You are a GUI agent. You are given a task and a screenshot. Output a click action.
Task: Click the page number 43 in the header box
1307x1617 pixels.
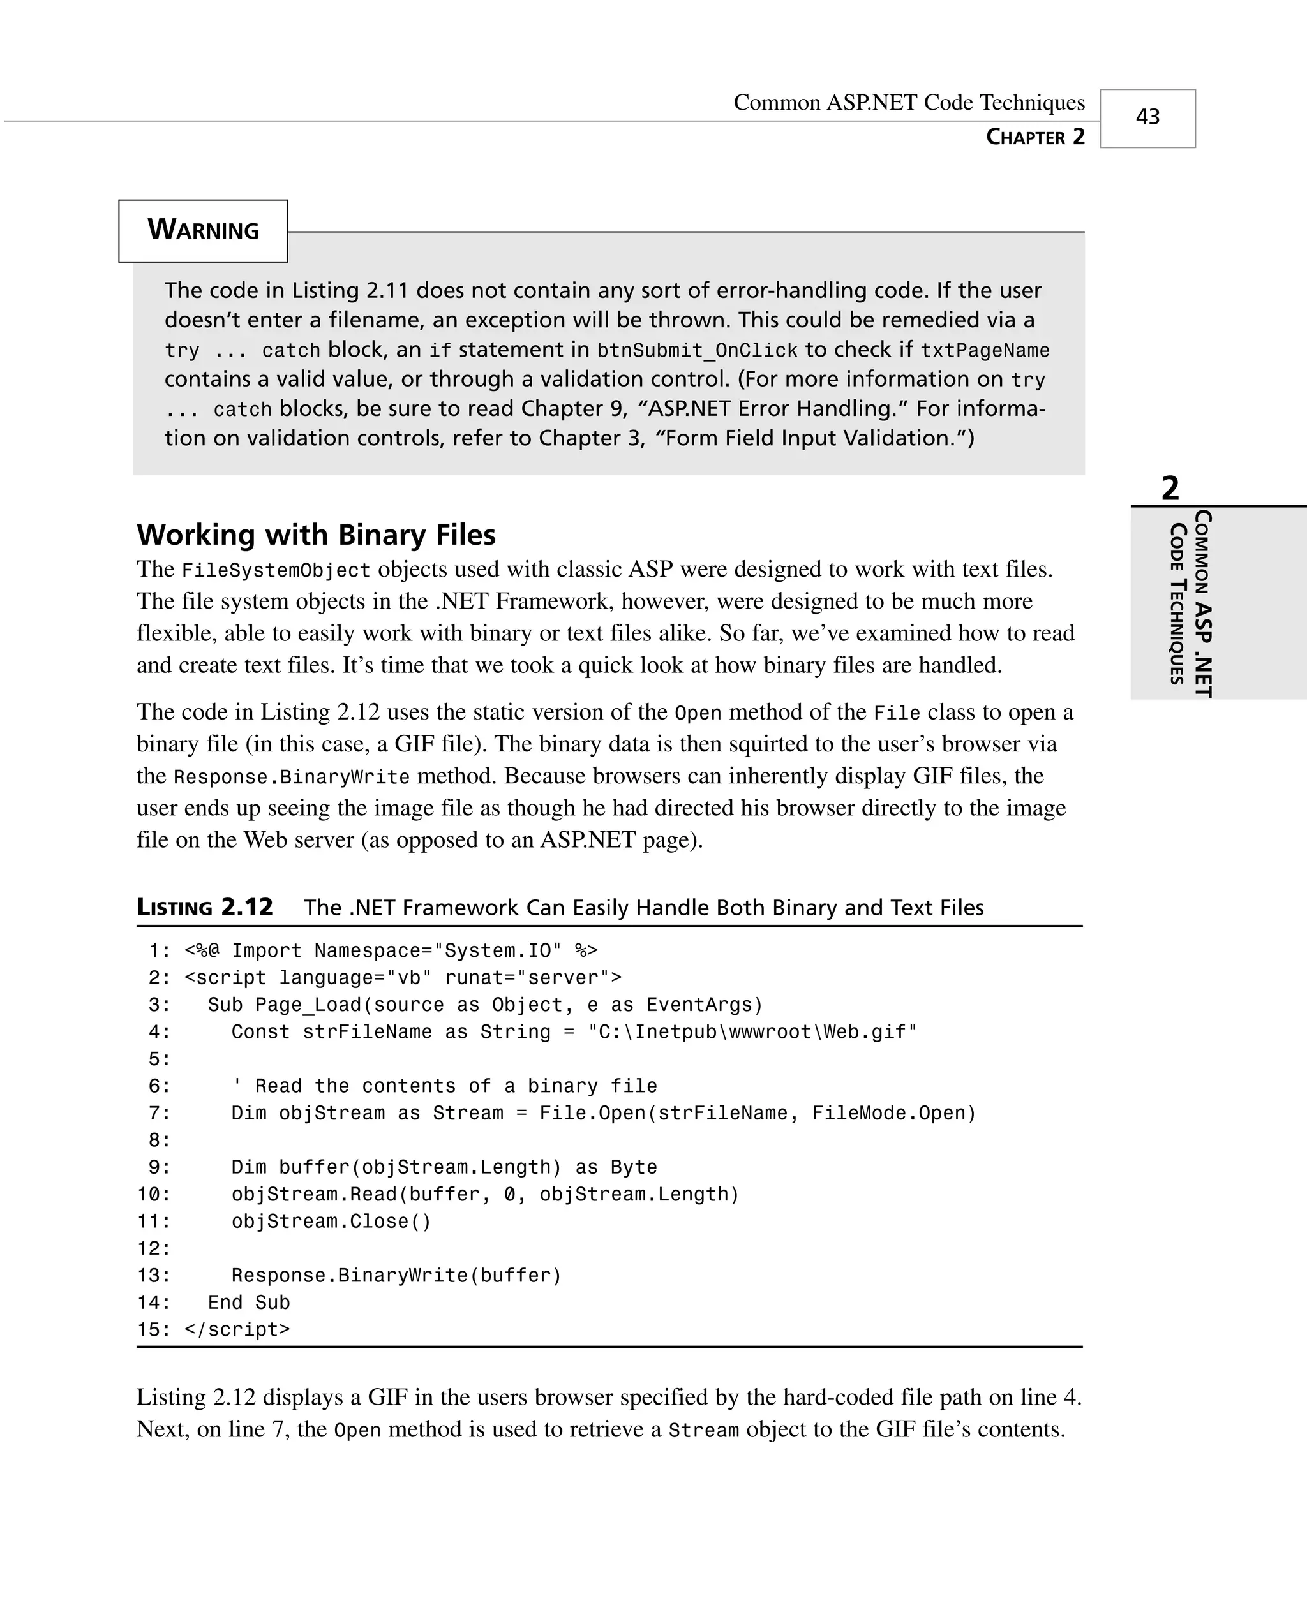tap(1147, 117)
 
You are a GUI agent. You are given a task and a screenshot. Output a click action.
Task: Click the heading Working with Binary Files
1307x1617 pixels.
tap(316, 535)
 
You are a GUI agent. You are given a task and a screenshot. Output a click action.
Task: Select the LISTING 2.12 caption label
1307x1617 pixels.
tap(205, 908)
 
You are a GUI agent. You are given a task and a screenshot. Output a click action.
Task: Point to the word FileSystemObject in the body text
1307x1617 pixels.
tap(276, 570)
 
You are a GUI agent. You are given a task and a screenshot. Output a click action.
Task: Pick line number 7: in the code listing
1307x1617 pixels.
tap(160, 1114)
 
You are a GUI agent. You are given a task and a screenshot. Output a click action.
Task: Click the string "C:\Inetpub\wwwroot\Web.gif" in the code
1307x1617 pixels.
tap(752, 1032)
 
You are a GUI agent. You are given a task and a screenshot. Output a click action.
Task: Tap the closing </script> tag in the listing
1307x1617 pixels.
tap(237, 1329)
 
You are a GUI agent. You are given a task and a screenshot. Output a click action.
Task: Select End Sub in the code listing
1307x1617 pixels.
tap(248, 1303)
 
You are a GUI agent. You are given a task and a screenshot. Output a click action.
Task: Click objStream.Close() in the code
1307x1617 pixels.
tap(331, 1222)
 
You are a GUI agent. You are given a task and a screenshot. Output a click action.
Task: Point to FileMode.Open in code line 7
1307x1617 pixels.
tap(893, 1114)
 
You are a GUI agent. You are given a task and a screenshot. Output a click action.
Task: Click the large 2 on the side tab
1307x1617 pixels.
tap(1170, 489)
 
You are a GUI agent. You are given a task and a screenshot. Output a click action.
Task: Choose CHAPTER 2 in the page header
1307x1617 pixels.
tap(1035, 137)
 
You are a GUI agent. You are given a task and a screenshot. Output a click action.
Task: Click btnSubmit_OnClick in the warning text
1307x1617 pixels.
tap(697, 351)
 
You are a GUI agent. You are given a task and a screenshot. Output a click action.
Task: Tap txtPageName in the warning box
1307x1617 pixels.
tap(985, 351)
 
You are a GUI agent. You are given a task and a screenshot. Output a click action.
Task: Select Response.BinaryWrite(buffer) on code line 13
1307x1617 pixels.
tap(397, 1275)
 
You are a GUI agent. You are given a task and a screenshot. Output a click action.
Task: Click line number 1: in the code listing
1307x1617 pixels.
tap(160, 951)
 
